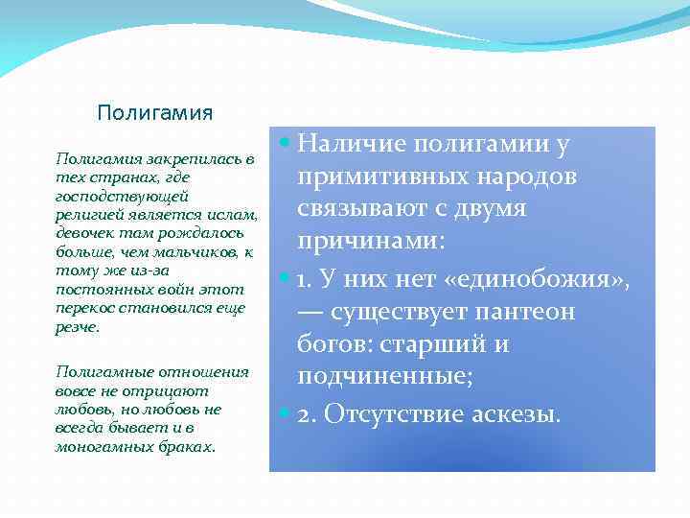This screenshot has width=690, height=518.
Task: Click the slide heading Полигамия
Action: pos(155,113)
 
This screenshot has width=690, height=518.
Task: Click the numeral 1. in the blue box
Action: pos(306,281)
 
